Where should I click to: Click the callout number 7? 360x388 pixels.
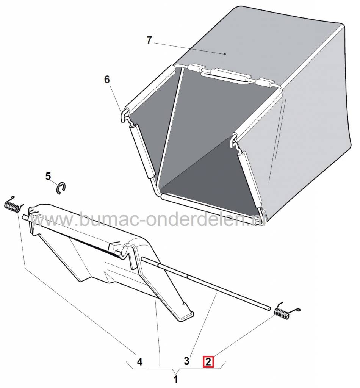[x=149, y=40]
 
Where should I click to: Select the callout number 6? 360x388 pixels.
[x=107, y=80]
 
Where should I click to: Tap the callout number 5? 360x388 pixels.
[x=48, y=176]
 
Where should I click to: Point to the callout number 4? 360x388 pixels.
[x=140, y=362]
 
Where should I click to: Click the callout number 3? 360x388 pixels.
[x=186, y=361]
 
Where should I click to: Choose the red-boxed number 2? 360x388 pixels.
[x=208, y=362]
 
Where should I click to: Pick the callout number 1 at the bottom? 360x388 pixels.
[x=176, y=379]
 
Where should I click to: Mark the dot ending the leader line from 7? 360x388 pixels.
[x=225, y=54]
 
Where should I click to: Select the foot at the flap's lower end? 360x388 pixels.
[x=184, y=316]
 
